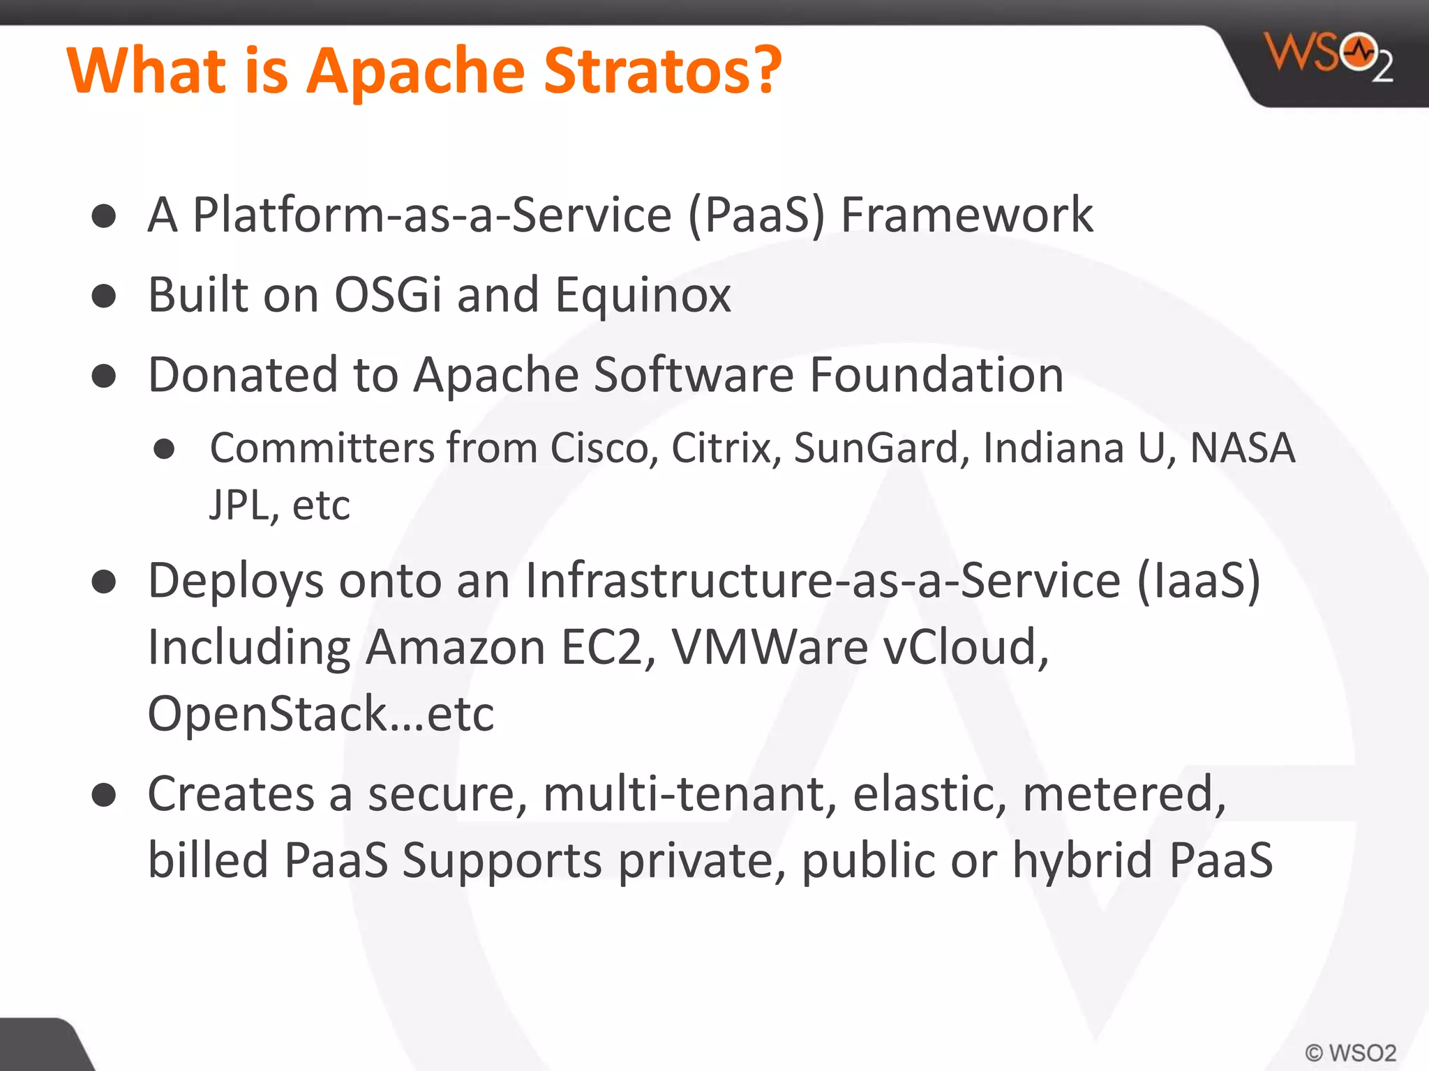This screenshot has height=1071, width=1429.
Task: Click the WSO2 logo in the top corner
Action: point(1328,57)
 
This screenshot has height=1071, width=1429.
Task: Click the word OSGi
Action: point(388,295)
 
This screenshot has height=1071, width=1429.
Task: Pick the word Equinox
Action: point(643,295)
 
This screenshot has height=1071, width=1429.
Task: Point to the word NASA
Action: point(1242,448)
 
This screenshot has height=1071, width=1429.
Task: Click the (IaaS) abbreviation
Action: point(1199,580)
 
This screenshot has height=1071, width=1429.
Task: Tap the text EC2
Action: point(608,647)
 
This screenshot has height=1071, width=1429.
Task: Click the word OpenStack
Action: point(267,713)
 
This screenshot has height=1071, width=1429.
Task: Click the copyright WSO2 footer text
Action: point(1351,1052)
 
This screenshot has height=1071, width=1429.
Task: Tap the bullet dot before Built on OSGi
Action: point(104,296)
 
